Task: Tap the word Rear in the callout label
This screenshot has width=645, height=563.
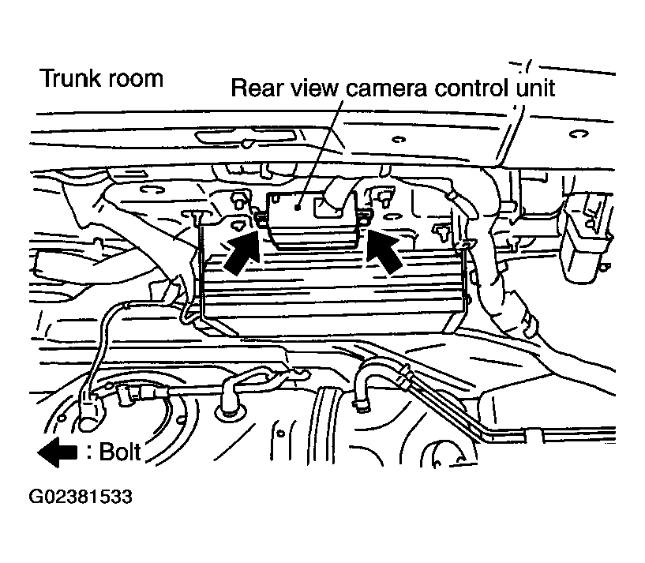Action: (257, 88)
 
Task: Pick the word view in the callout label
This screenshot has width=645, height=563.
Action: (313, 88)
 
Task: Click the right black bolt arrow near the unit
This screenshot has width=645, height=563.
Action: (384, 251)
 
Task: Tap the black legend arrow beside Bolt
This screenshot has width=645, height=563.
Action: (57, 452)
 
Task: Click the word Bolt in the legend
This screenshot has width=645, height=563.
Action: (120, 452)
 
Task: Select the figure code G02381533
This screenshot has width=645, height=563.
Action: (81, 497)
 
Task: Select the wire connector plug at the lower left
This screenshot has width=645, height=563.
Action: (89, 411)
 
